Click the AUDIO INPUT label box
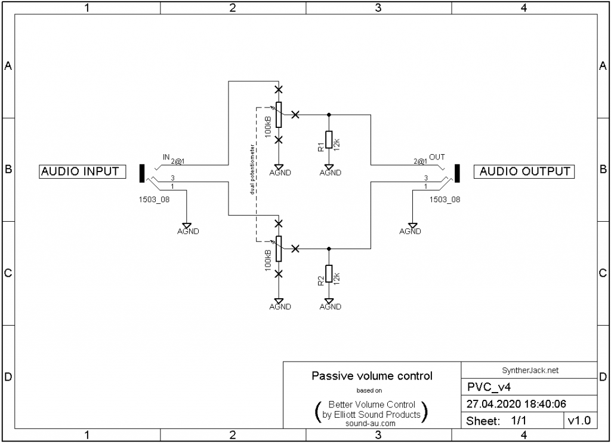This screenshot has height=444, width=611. coord(80,172)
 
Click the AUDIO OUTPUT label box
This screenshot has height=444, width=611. coord(525,172)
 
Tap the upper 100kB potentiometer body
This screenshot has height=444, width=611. coord(279,114)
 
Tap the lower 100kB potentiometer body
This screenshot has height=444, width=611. coord(279,248)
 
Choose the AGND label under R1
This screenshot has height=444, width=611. coord(330,173)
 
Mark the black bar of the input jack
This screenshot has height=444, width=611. coord(142,173)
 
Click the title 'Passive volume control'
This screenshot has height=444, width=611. coord(372,376)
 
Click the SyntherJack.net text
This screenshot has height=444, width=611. coord(529,370)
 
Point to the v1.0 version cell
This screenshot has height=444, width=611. coord(579,421)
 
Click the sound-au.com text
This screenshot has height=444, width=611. coord(371,423)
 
